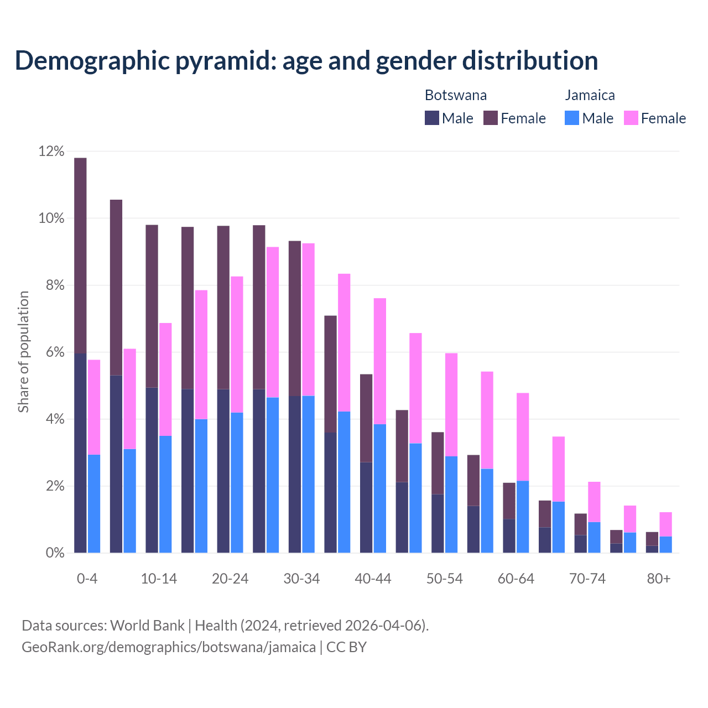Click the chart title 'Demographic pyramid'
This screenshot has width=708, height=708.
[x=306, y=60]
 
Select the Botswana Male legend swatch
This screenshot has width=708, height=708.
[x=432, y=118]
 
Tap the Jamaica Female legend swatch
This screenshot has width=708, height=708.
[x=631, y=118]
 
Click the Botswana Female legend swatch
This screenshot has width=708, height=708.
[x=491, y=118]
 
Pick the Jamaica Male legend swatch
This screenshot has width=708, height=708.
[x=572, y=118]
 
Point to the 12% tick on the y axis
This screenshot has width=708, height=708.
[x=51, y=152]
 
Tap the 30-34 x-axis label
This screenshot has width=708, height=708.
[x=301, y=579]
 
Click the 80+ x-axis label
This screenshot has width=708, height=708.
[x=659, y=579]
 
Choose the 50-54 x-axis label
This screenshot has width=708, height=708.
[x=444, y=579]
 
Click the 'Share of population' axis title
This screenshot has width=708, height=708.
[x=23, y=352]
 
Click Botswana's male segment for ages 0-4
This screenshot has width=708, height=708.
[x=80, y=453]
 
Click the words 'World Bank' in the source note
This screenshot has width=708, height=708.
[x=147, y=626]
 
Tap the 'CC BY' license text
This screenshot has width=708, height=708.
[x=346, y=647]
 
